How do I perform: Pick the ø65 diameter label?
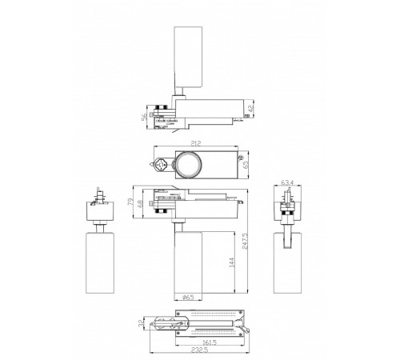tap(189, 298)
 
